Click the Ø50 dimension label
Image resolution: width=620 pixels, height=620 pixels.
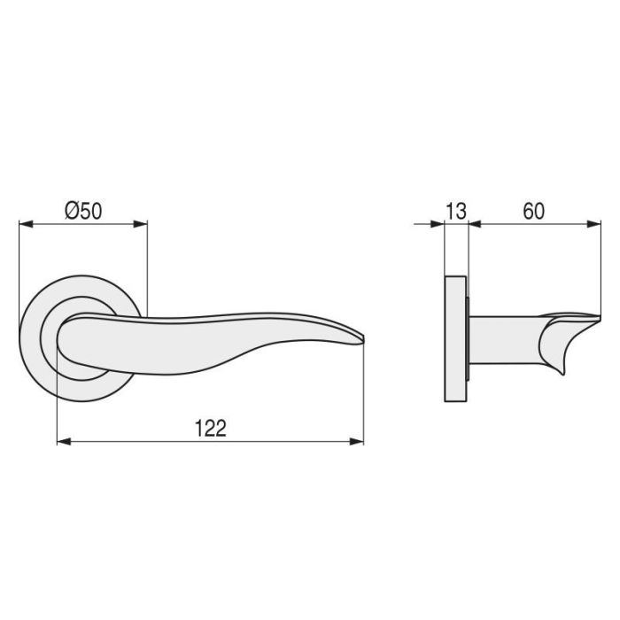pyautogui.click(x=84, y=211)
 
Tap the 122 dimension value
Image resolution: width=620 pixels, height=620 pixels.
pyautogui.click(x=210, y=428)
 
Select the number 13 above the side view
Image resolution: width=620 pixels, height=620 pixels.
pyautogui.click(x=455, y=211)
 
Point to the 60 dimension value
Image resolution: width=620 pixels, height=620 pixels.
pyautogui.click(x=533, y=211)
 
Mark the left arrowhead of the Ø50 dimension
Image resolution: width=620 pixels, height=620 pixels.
pyautogui.click(x=26, y=224)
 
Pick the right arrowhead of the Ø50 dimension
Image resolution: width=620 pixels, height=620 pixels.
pyautogui.click(x=141, y=224)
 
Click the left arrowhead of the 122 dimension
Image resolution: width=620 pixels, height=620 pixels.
pyautogui.click(x=63, y=440)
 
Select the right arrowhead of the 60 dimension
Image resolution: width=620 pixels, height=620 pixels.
pyautogui.click(x=594, y=224)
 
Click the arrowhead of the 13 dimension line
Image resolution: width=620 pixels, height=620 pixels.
pyautogui.click(x=437, y=224)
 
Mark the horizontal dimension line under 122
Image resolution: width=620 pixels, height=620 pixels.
pyautogui.click(x=210, y=440)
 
